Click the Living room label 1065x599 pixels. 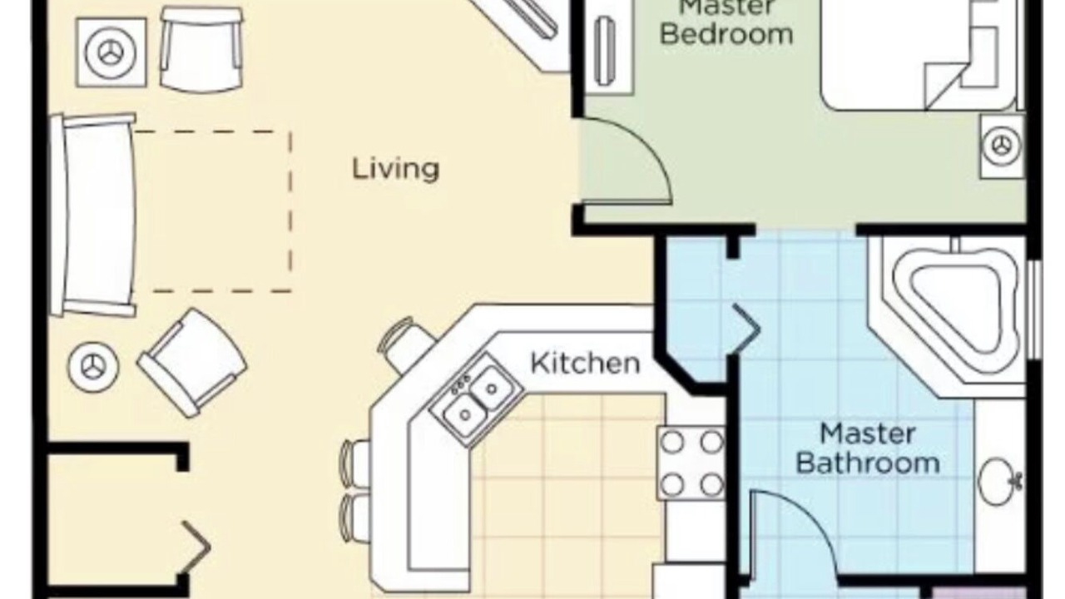click(395, 170)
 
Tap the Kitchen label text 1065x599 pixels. click(585, 364)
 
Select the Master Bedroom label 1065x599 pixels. click(727, 22)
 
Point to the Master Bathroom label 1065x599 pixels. click(868, 448)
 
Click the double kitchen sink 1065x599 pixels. click(477, 399)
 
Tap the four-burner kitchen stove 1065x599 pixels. click(691, 463)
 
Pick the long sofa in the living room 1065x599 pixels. click(94, 215)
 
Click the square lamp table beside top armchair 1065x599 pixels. click(111, 52)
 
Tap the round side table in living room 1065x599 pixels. click(93, 367)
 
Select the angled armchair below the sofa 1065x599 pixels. click(192, 363)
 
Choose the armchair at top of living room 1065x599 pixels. click(201, 50)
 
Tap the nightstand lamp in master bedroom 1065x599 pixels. click(1003, 146)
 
